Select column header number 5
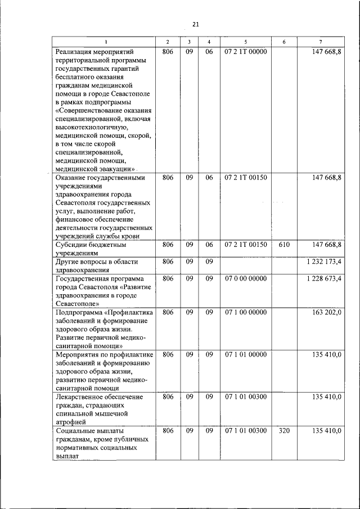(245, 43)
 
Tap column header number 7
(321, 43)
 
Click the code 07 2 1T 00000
(245, 52)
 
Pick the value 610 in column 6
(285, 245)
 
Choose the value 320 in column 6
(285, 430)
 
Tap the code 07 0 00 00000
(245, 278)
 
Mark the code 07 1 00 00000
(245, 312)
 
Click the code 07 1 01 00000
(245, 354)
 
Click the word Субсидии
(71, 245)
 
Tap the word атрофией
(71, 421)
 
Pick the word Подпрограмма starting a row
(79, 312)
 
